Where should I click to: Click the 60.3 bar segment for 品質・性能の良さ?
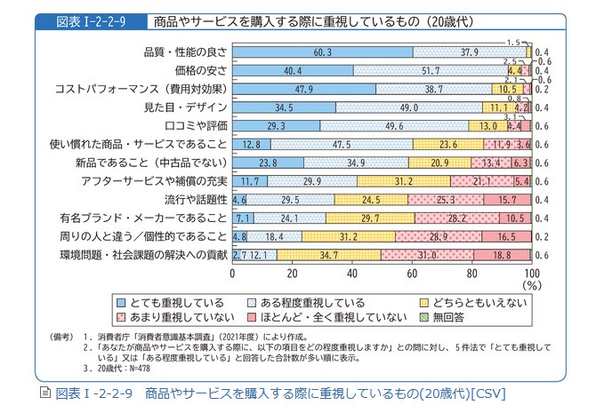tap(322, 52)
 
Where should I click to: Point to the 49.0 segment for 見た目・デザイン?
tap(408, 107)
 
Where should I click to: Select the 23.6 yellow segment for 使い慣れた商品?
tap(447, 144)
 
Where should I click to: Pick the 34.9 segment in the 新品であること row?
tap(355, 163)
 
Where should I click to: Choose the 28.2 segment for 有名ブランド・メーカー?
tap(456, 218)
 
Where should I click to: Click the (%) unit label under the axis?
tap(532, 286)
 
